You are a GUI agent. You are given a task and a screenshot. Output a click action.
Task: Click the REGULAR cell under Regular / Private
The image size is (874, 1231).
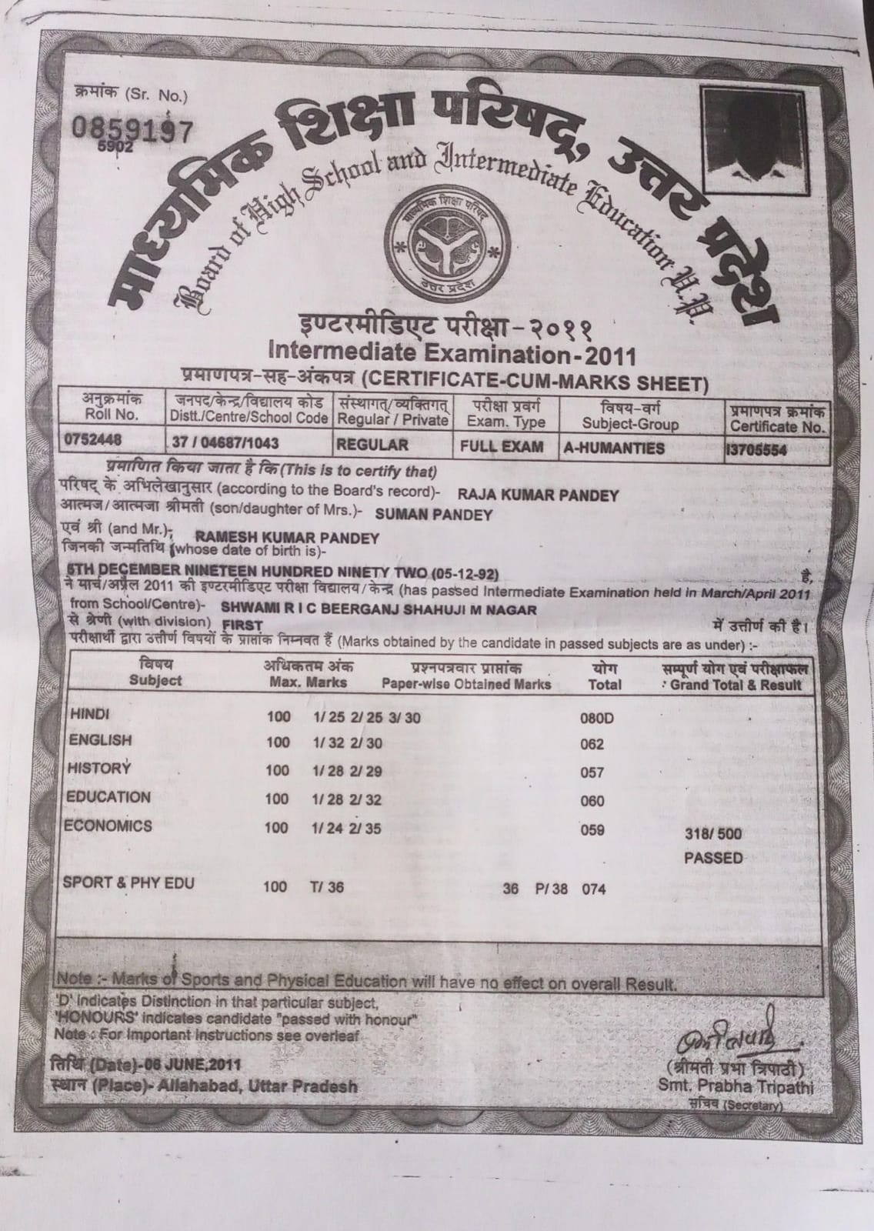point(372,445)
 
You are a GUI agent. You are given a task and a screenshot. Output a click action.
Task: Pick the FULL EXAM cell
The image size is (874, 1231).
point(502,446)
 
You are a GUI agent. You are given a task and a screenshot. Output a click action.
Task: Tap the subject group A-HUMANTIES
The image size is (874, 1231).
point(615,448)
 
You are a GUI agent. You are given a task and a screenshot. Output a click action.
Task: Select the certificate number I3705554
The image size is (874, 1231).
point(756,451)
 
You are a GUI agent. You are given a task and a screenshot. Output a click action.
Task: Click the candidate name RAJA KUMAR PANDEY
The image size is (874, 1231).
point(538,495)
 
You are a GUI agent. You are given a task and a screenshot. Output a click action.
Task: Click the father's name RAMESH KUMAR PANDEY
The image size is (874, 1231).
point(288,538)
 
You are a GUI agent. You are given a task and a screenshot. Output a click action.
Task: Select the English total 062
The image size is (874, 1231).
point(592,745)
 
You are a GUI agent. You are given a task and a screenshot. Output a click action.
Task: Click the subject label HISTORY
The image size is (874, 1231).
point(100,768)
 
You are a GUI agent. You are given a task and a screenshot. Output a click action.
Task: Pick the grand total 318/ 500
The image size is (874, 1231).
point(714,834)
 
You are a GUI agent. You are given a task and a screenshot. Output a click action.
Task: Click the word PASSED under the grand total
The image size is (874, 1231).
point(714,858)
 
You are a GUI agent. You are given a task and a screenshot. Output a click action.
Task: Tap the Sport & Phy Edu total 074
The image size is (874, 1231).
point(594,890)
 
